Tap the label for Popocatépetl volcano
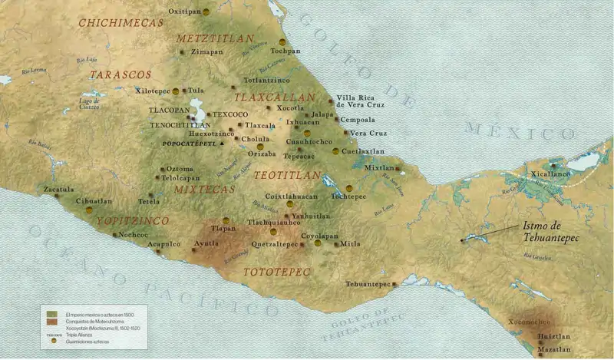coord(188,144)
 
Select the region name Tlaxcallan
coord(274,97)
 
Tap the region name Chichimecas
coord(120,23)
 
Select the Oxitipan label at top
coord(184,12)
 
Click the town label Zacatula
coord(58,188)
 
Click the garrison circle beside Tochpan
coord(282,41)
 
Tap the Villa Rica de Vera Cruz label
coord(361,101)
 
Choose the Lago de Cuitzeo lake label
coord(90,104)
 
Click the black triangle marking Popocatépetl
coord(222,144)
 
